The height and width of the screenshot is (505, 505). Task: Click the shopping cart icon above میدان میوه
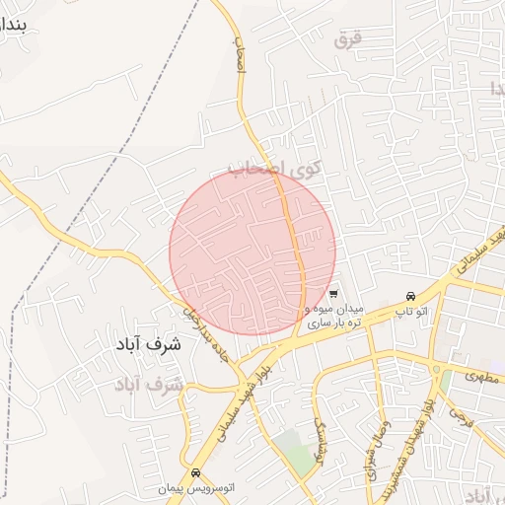pyautogui.click(x=334, y=293)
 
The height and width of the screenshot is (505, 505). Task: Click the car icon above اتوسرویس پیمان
pyautogui.click(x=196, y=472)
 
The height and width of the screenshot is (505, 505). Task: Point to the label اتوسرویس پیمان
pyautogui.click(x=200, y=488)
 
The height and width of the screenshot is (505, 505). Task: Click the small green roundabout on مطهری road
pyautogui.click(x=435, y=369)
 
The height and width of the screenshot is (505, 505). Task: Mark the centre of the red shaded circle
pyautogui.click(x=252, y=252)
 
